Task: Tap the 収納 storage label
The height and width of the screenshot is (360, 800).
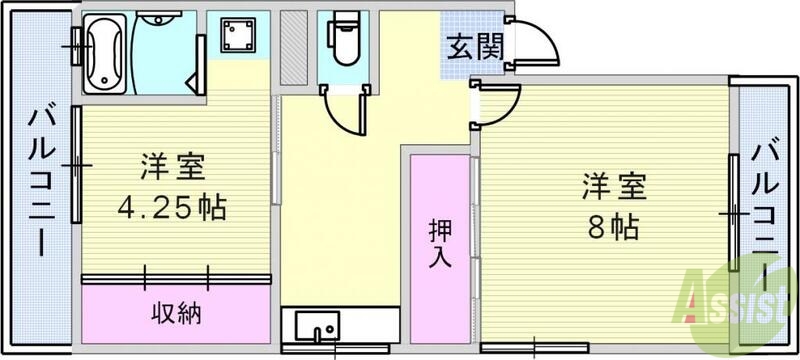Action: click(177, 312)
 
